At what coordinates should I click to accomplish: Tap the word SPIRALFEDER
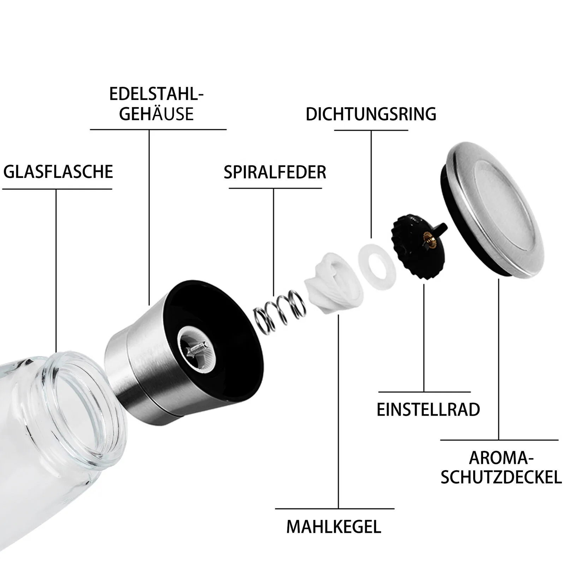coord(275,172)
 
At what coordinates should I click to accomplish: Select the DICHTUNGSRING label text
coord(371,114)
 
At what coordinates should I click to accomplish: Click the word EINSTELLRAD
coord(428,410)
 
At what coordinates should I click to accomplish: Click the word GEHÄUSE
coord(156,114)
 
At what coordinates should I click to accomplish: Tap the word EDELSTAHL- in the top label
coord(156,94)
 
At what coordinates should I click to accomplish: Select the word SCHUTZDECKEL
coord(501,477)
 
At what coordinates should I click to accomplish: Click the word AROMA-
coord(501,458)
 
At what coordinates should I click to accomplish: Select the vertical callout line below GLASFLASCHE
coord(56,268)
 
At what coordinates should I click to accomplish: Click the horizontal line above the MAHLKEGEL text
coord(334,509)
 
